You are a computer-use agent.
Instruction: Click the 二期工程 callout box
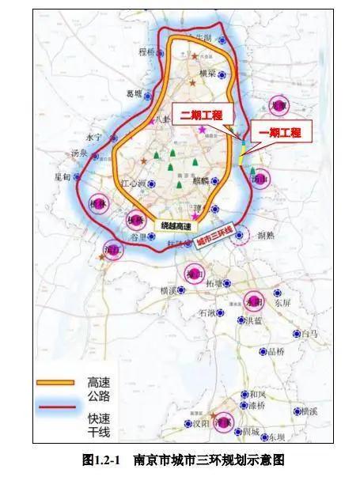(x=201, y=114)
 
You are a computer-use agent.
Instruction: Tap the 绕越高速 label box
(x=175, y=225)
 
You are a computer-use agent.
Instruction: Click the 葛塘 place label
(x=135, y=93)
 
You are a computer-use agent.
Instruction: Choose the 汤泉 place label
(x=78, y=153)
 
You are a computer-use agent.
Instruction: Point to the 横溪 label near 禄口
(x=168, y=291)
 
